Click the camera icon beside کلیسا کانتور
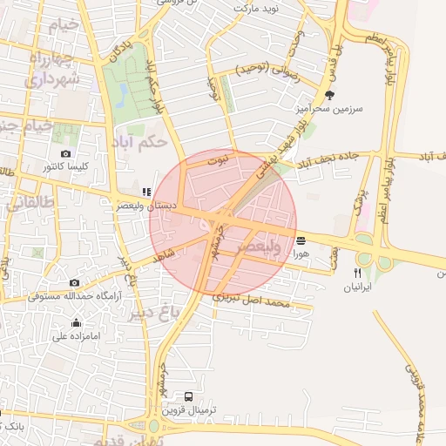point(66,154)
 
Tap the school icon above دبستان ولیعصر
point(145,192)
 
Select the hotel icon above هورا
point(301,240)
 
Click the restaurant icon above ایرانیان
point(357,272)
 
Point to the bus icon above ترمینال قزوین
point(190,395)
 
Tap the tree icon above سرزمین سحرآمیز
point(328,96)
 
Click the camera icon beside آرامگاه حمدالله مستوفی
point(74,282)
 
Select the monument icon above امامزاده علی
point(76,323)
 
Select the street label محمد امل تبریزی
point(263,301)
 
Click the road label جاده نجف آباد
point(327,160)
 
